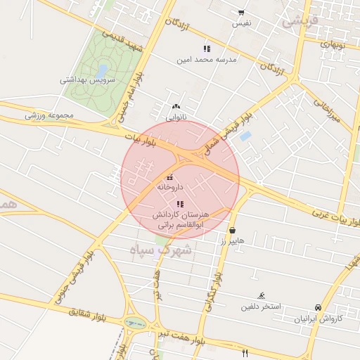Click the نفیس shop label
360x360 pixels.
click(241, 23)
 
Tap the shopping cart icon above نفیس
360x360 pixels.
click(241, 12)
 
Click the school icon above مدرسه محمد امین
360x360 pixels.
click(207, 49)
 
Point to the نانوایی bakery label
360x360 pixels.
click(176, 118)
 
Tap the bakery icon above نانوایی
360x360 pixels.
click(176, 107)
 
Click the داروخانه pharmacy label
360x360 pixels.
click(170, 188)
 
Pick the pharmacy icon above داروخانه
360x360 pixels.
click(170, 176)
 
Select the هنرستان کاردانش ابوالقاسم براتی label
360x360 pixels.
click(181, 219)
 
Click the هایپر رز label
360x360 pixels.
click(231, 241)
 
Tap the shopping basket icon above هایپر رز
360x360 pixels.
click(232, 230)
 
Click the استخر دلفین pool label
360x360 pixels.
click(262, 307)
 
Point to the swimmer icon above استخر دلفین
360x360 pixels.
click(262, 295)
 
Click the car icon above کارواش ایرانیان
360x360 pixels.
click(318, 307)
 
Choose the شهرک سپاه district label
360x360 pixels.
click(161, 249)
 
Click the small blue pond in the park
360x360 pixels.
click(103, 70)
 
